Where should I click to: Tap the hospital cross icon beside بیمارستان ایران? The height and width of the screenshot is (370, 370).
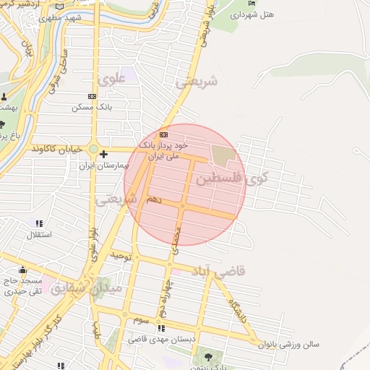tap(104, 154)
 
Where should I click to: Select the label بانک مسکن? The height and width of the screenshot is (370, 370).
tap(90, 107)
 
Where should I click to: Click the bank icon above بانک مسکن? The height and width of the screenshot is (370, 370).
tap(92, 96)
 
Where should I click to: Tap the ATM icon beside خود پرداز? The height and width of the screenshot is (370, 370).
tap(164, 134)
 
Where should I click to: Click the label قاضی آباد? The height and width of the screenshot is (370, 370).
tap(219, 271)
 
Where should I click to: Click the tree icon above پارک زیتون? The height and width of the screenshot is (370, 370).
tap(208, 356)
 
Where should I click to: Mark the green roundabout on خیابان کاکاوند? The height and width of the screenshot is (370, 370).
tap(93, 150)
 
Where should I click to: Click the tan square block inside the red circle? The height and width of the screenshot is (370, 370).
tap(223, 155)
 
